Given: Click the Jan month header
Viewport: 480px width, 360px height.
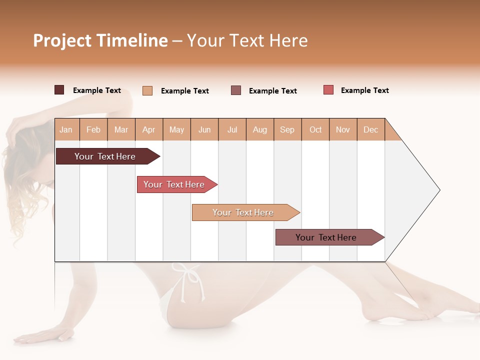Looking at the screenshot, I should click(66, 129).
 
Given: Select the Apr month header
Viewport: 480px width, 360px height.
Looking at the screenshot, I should click(149, 129).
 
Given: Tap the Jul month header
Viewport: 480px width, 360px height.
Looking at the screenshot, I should click(232, 129).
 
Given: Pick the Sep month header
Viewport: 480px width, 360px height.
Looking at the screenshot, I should click(287, 129).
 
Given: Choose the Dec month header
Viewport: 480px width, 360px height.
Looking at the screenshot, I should click(370, 129).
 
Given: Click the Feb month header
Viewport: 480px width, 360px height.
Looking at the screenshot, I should click(93, 129).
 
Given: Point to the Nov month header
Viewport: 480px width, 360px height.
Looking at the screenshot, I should click(343, 129).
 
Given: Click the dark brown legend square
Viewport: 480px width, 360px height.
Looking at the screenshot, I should click(59, 90).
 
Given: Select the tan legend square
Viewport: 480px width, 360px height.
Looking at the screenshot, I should click(147, 90).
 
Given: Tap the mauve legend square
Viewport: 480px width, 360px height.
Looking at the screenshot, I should click(236, 90).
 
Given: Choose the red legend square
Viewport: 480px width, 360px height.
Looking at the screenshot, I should click(328, 90).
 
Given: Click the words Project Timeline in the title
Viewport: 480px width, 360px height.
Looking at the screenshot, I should click(100, 40).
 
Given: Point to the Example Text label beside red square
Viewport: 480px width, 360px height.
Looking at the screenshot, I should click(364, 90).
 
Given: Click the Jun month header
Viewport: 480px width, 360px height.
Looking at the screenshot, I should click(204, 129).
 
